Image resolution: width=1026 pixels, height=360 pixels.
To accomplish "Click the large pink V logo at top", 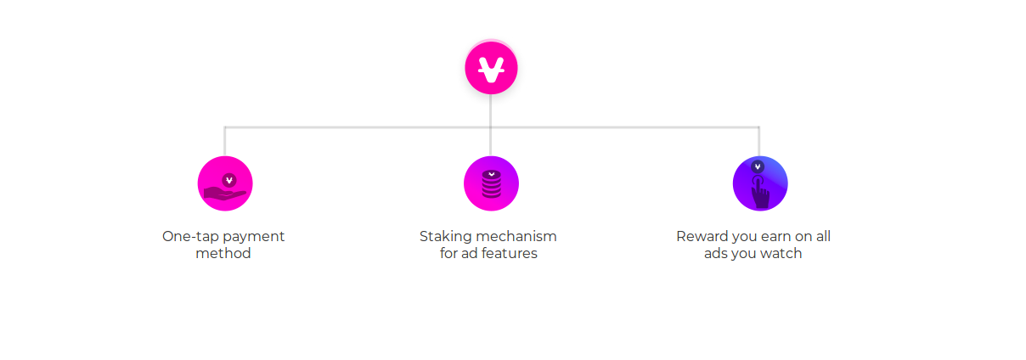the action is pos(491,68).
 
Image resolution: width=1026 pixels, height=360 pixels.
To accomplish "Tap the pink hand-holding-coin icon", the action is pos(225,183).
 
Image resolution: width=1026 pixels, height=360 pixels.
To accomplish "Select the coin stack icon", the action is pos(491,183).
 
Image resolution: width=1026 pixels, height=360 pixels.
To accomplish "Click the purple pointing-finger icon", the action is pos(760,183).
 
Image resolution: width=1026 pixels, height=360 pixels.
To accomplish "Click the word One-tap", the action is pos(190,237).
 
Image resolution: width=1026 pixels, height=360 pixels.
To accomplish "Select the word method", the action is pos(223,253).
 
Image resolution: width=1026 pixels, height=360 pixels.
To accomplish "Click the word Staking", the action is pos(445,237).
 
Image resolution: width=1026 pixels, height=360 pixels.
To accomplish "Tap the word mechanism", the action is pos(516,236).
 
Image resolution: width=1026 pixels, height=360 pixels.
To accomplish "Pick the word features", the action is pos(509,253).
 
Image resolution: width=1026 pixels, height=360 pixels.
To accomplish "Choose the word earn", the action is pos(776,237).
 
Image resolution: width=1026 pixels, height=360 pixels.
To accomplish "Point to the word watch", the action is pos(781,253).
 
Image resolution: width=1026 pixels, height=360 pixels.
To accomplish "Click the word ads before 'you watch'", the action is pos(714,254).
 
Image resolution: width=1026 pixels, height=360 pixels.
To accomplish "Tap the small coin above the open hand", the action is pos(229,181).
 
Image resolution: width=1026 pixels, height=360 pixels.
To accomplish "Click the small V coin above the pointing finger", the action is pos(758,166).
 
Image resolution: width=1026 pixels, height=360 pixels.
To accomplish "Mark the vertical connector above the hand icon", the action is pos(225,142).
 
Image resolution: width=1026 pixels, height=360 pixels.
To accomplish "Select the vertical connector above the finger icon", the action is pos(759,142).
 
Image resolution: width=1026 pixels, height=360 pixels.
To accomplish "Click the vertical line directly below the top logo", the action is pos(491,125).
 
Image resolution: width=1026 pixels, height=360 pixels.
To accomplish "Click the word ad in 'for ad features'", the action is pos(469,253).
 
